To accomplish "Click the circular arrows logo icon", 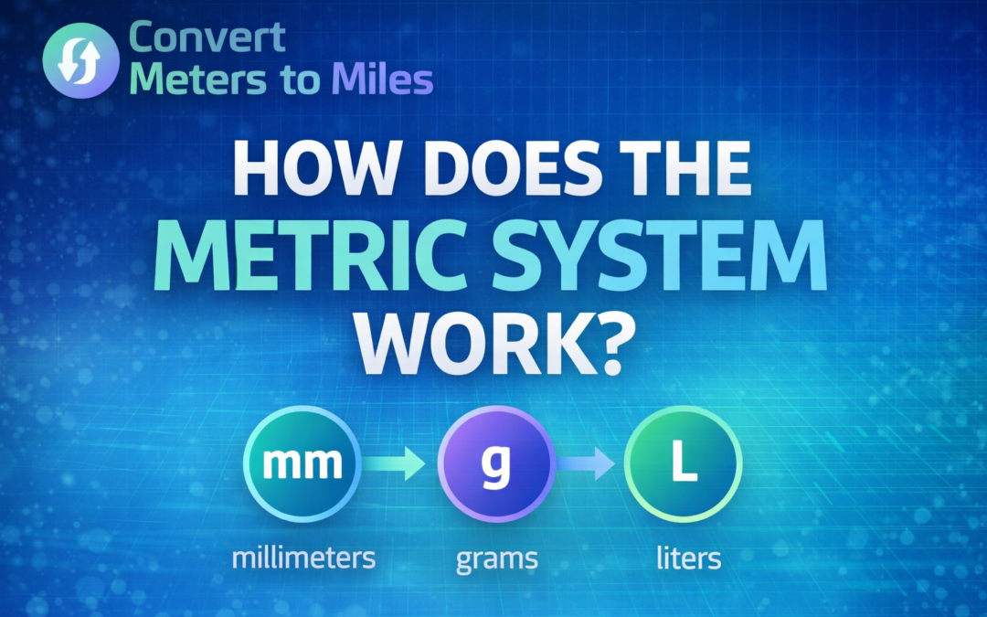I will pyautogui.click(x=80, y=59).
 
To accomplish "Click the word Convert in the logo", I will pyautogui.click(x=207, y=38).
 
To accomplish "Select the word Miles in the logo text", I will pyautogui.click(x=382, y=80).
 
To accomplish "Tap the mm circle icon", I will pyautogui.click(x=302, y=464).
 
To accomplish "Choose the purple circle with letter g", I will pyautogui.click(x=496, y=464).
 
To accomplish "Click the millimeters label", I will pyautogui.click(x=302, y=557).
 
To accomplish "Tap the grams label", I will pyautogui.click(x=495, y=558).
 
